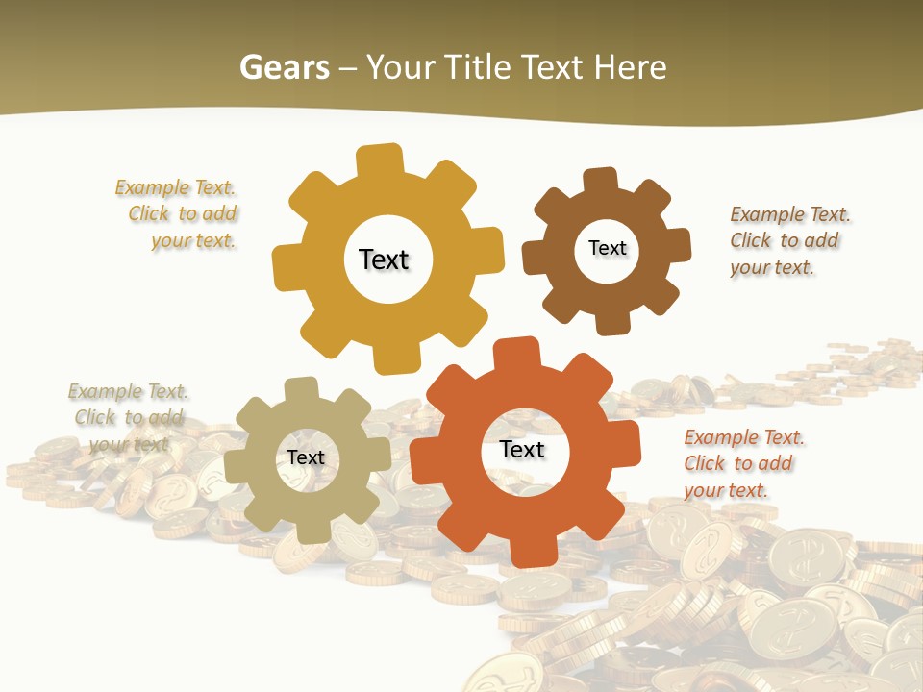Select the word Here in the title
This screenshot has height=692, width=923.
point(630,67)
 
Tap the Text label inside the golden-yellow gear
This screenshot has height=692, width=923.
point(384,259)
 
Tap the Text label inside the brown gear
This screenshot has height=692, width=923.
point(607,248)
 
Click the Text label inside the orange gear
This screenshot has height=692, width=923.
point(522,449)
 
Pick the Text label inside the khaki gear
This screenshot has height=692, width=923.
point(306,457)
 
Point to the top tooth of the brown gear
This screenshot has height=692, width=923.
point(600,180)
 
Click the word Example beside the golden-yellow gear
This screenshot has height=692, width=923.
point(152,187)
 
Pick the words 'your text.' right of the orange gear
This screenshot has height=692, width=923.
point(726,490)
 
